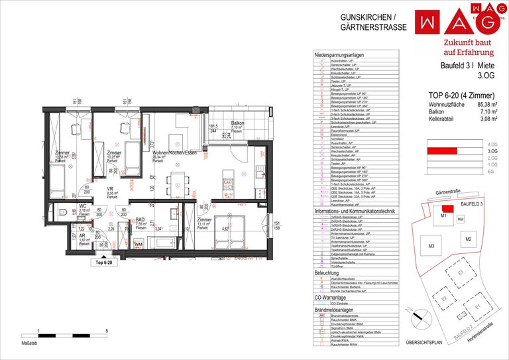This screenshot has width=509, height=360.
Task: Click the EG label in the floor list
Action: (x=492, y=171)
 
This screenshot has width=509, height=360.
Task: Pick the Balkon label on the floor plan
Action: (x=237, y=123)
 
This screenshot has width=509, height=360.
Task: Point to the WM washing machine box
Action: (x=139, y=245)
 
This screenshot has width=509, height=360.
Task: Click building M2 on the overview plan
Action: (x=467, y=239)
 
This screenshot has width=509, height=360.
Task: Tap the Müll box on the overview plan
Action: (x=460, y=219)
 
